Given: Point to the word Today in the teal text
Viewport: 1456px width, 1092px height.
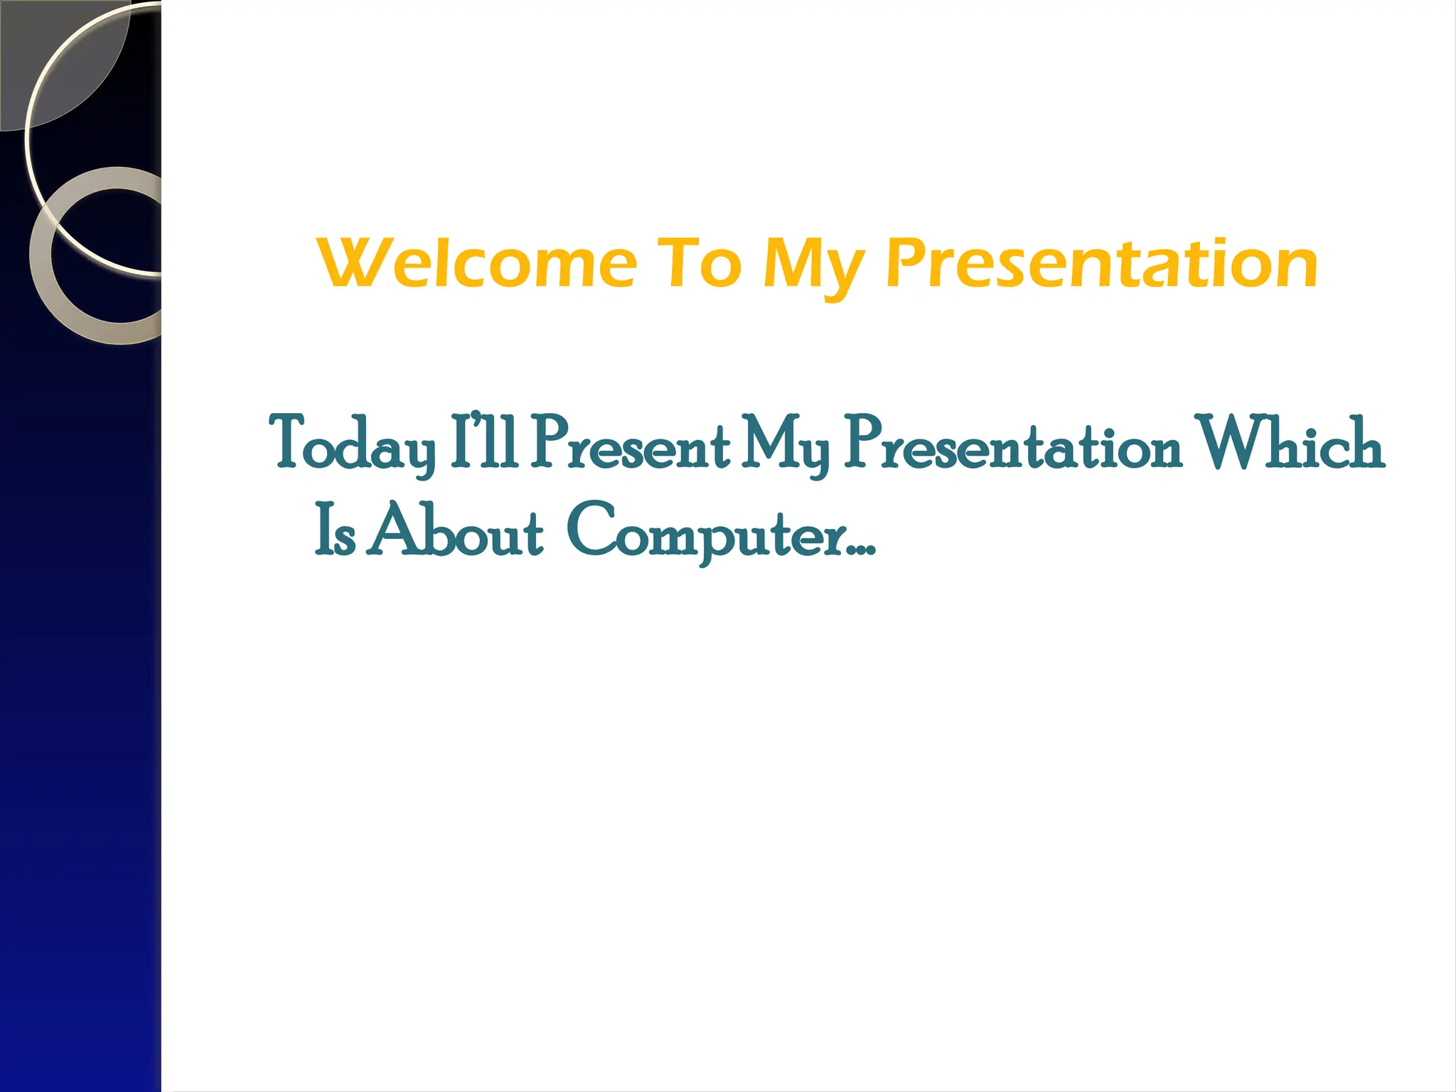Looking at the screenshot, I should point(353,444).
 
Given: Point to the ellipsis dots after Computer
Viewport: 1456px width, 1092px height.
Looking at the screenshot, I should point(862,550).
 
